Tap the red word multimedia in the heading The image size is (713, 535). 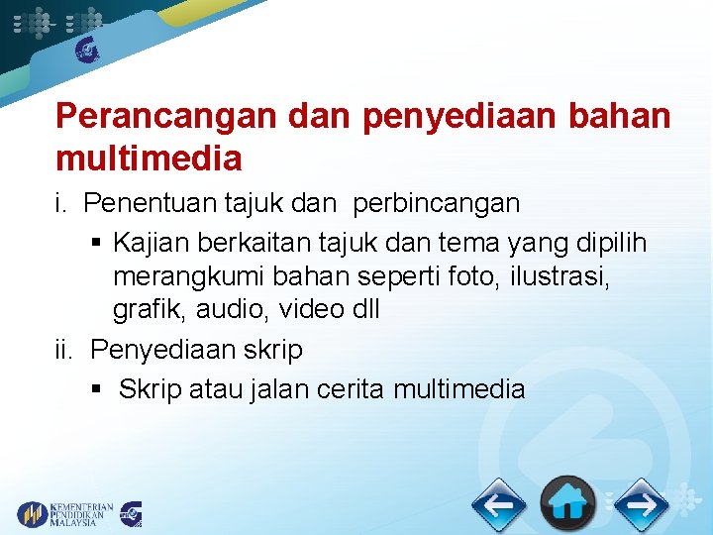tap(149, 157)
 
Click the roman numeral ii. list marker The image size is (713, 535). tap(66, 350)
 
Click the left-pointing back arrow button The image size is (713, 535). tap(498, 505)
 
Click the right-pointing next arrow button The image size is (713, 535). tap(641, 505)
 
